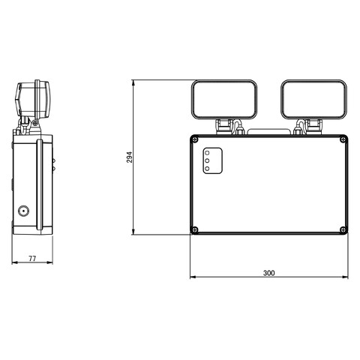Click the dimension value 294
click(129, 157)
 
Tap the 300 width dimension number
click(269, 273)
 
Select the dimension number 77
click(32, 258)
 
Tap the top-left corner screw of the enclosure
click(195, 139)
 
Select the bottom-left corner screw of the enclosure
click(195, 229)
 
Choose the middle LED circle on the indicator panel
click(208, 161)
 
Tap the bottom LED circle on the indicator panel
click(208, 169)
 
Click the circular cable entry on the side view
click(24, 211)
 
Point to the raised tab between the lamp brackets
click(268, 132)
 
